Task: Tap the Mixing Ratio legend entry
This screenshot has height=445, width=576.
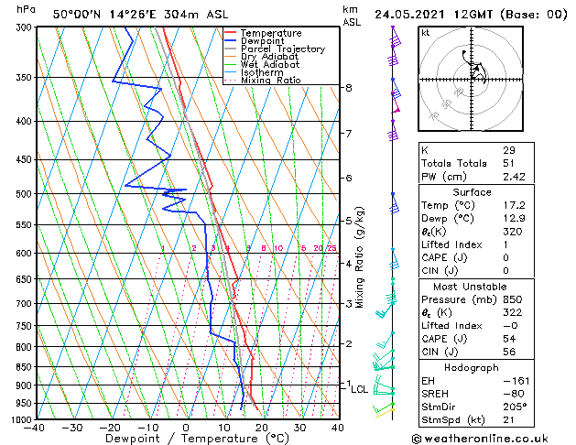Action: (x=270, y=81)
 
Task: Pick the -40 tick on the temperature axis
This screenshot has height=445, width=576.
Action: (x=36, y=428)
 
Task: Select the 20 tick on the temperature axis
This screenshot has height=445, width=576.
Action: (x=261, y=428)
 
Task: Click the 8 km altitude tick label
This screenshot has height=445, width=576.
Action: (x=348, y=88)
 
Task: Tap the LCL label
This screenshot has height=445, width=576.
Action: (x=360, y=389)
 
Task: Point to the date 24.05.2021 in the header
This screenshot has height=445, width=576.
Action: (x=411, y=14)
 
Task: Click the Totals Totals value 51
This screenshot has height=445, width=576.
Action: (x=509, y=163)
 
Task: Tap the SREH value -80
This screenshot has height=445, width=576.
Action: (x=514, y=394)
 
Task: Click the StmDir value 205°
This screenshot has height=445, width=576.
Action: (x=515, y=407)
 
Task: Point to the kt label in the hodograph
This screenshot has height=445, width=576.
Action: (x=426, y=32)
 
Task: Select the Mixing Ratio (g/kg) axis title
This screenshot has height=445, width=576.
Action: (x=361, y=257)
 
